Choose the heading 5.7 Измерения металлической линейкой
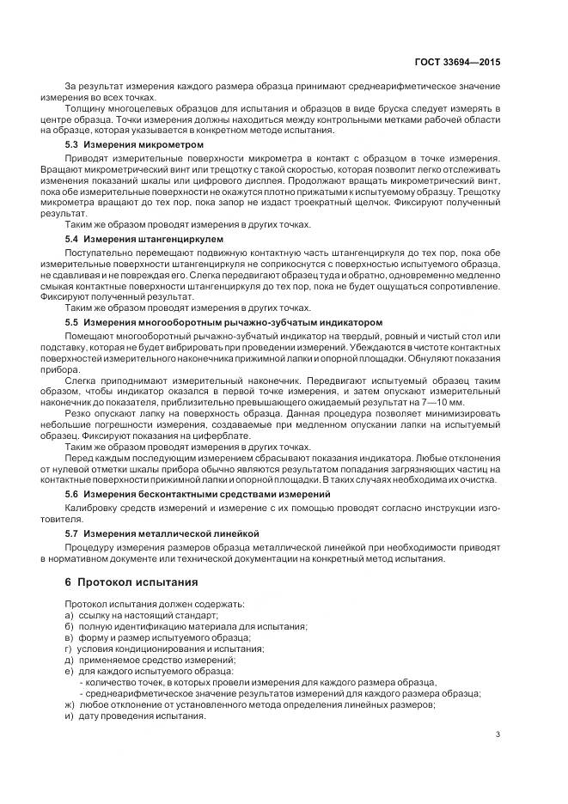[162, 533]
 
